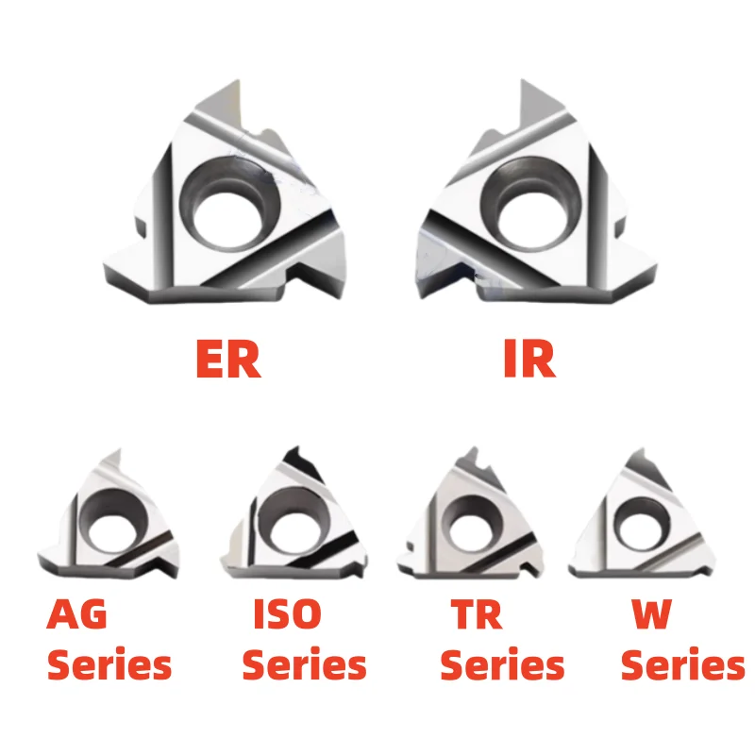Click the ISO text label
[287, 615]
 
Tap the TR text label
[477, 615]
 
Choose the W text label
[651, 615]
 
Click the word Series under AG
[109, 665]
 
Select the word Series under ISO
[304, 665]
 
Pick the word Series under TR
[502, 665]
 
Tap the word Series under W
[682, 665]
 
